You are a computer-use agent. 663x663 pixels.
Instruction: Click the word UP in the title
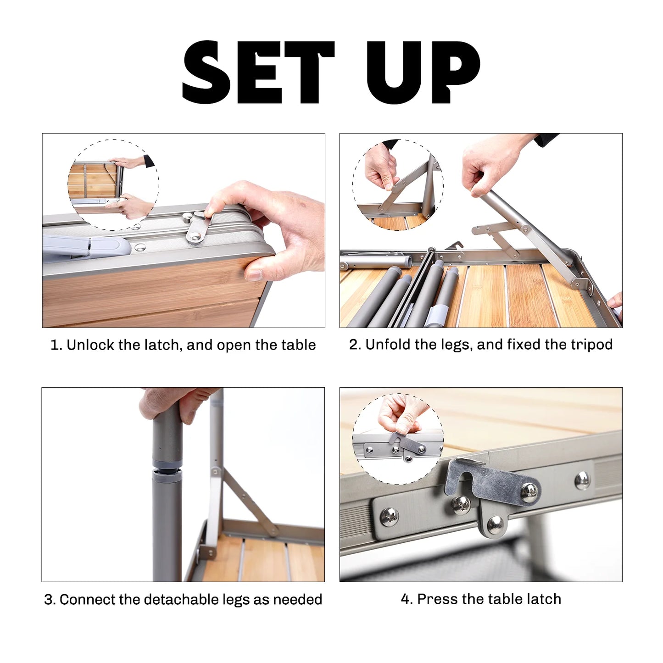pyautogui.click(x=423, y=72)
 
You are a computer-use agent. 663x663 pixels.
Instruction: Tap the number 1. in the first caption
pyautogui.click(x=56, y=345)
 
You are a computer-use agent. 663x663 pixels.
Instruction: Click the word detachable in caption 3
pyautogui.click(x=182, y=599)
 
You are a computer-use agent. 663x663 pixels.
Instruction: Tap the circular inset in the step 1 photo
pyautogui.click(x=113, y=184)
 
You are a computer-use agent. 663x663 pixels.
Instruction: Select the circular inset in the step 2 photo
pyautogui.click(x=398, y=184)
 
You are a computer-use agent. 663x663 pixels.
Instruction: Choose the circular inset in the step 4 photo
pyautogui.click(x=398, y=439)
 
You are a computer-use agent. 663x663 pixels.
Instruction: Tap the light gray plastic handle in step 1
pyautogui.click(x=87, y=246)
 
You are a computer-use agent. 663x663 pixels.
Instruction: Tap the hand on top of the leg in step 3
pyautogui.click(x=179, y=402)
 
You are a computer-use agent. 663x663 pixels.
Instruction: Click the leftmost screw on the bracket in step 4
pyautogui.click(x=389, y=517)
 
